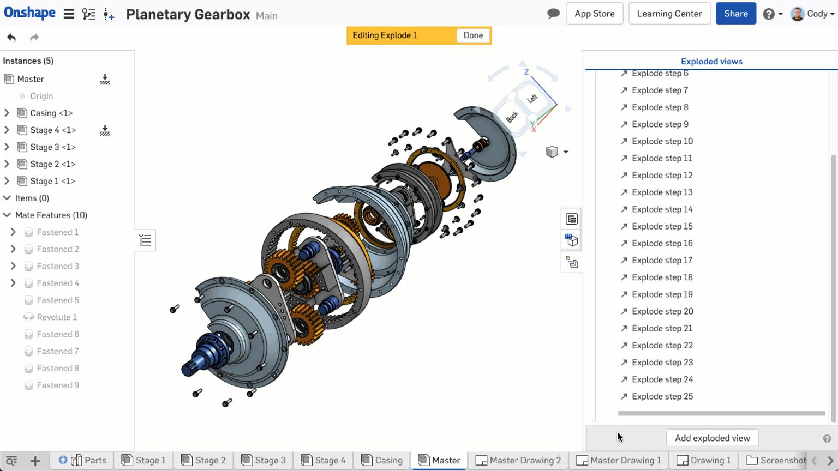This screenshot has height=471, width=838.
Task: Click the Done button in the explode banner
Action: (x=473, y=35)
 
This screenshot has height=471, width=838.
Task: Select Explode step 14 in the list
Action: (x=662, y=209)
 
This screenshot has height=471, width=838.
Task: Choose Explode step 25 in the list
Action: (x=662, y=396)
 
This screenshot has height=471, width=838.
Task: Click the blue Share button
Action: (x=735, y=14)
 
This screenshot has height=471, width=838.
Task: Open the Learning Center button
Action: (x=669, y=14)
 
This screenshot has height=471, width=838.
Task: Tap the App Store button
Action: (x=594, y=14)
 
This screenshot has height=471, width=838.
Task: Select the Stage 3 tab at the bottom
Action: (x=264, y=461)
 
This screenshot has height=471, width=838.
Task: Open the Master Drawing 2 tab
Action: (x=518, y=461)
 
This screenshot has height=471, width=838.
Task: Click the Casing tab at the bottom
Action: (x=382, y=461)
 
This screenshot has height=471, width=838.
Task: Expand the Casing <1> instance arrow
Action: (x=7, y=113)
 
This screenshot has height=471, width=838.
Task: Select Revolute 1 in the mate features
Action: (x=57, y=317)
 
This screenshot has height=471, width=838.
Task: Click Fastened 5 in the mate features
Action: (x=58, y=300)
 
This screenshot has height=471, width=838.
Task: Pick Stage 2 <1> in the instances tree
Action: (x=52, y=164)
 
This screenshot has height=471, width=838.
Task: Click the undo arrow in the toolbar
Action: (x=11, y=38)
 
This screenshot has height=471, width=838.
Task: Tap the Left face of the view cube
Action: (x=532, y=99)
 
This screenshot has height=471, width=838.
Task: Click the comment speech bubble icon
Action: (x=553, y=14)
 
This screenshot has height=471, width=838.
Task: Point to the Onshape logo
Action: (x=29, y=13)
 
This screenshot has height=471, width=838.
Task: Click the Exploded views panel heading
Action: (x=711, y=62)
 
